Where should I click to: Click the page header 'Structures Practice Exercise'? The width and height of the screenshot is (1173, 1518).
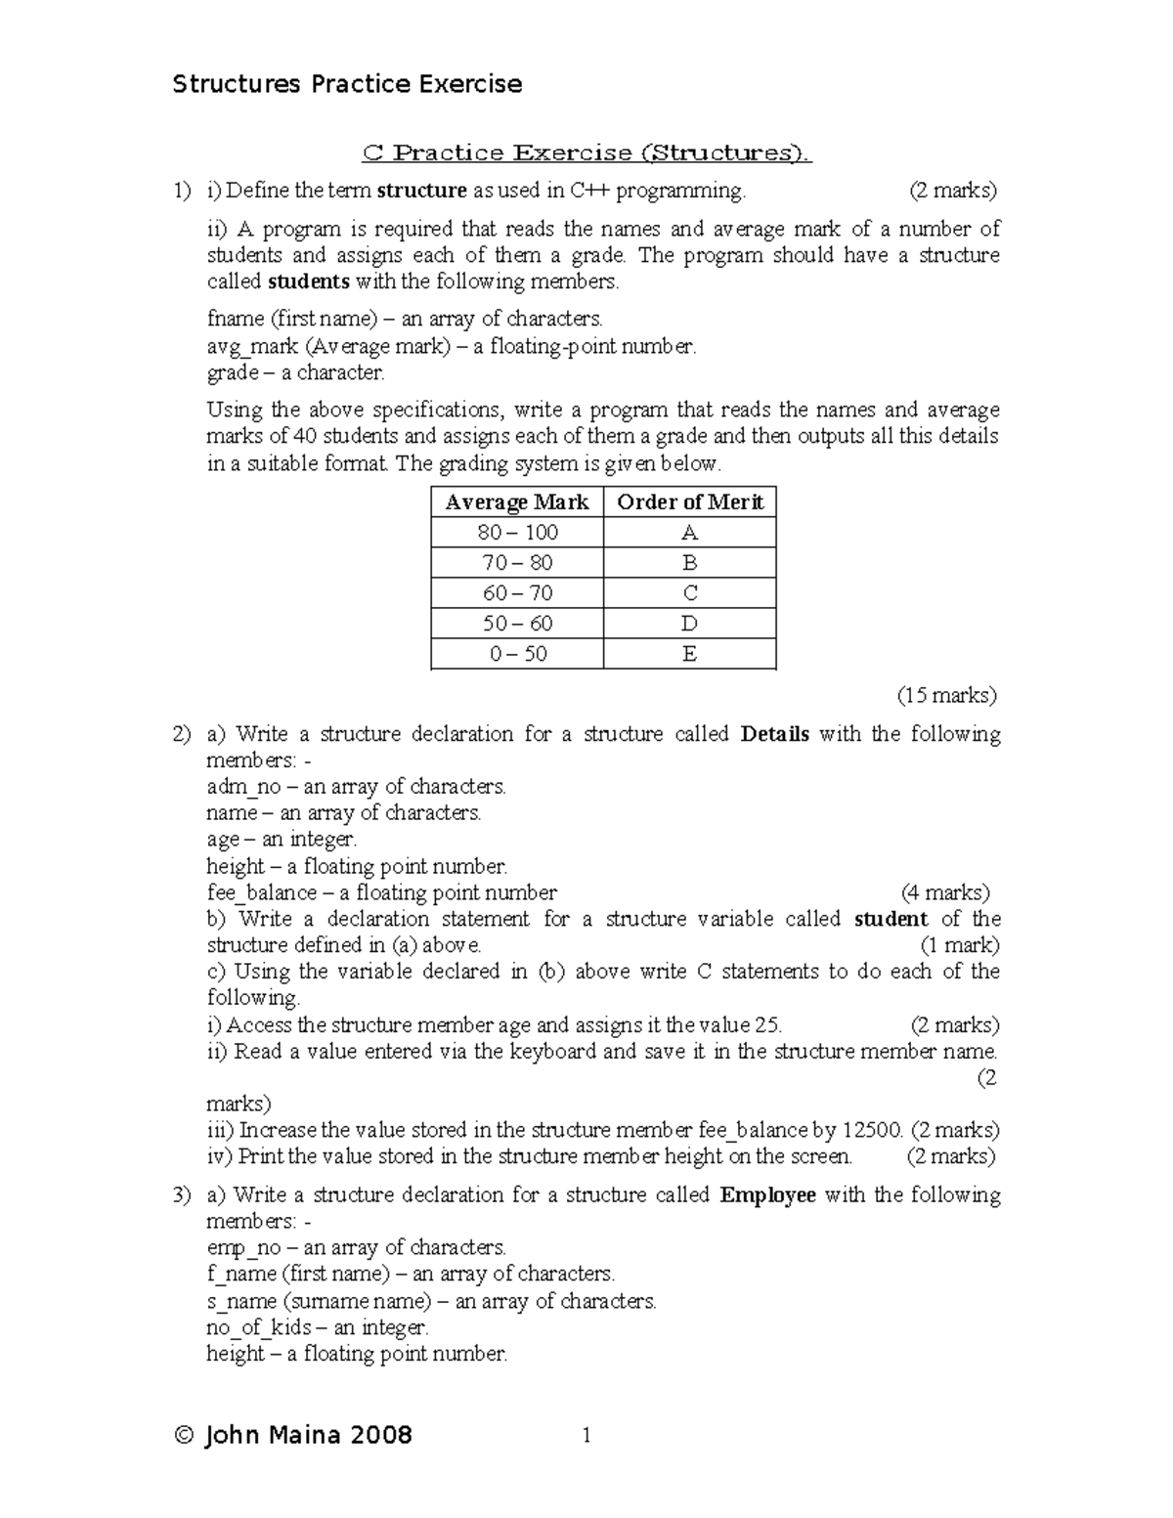347,84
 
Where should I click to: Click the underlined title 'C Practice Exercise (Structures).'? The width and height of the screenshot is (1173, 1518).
586,152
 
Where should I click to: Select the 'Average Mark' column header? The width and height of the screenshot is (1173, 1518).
516,502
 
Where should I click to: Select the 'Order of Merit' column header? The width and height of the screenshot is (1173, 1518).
689,502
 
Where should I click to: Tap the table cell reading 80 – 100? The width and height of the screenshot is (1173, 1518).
517,533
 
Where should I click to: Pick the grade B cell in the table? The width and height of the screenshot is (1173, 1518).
689,563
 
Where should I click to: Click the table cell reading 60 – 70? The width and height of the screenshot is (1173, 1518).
517,593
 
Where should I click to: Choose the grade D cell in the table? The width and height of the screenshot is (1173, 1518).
689,624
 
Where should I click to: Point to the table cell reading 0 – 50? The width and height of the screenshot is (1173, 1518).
517,654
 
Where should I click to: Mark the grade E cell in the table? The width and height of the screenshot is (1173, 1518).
689,654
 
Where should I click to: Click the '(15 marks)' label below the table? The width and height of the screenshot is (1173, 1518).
946,696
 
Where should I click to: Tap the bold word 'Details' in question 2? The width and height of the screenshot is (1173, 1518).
775,734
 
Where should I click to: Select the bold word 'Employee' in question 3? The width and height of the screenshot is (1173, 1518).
767,1195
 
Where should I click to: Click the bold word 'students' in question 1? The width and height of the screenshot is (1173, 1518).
308,282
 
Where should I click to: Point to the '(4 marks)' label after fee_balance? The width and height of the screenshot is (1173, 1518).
944,892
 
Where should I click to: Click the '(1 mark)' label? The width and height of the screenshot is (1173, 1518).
959,945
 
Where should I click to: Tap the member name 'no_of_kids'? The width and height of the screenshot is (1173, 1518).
259,1327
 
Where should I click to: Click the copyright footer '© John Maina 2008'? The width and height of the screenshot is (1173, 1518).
293,1435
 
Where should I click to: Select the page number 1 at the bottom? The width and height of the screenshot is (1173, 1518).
586,1435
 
